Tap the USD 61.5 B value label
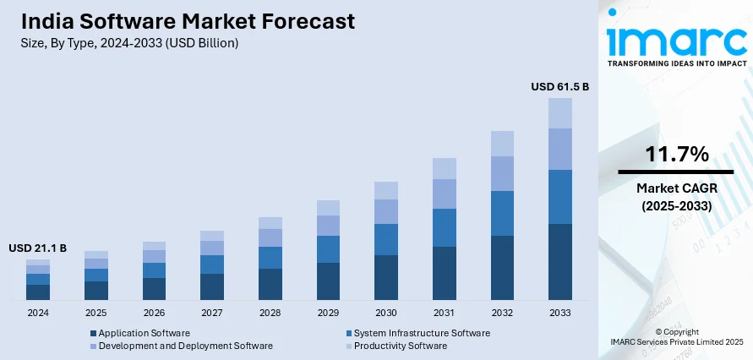(559, 86)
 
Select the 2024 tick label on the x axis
(37, 313)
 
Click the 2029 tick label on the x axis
(328, 313)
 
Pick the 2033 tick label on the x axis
(559, 313)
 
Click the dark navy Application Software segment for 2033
(559, 262)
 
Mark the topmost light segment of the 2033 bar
(559, 113)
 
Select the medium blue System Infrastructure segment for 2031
(444, 227)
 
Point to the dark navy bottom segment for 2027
(212, 286)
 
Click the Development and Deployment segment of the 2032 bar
(502, 173)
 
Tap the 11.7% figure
(676, 154)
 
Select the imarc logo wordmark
(676, 41)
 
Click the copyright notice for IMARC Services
(676, 336)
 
